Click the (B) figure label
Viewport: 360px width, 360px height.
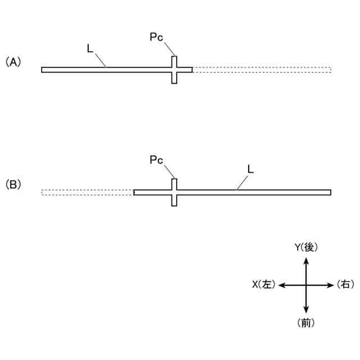[13, 184]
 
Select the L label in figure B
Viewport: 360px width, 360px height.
[250, 168]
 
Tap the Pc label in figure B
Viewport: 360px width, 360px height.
[156, 160]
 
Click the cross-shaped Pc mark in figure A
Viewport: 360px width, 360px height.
[174, 70]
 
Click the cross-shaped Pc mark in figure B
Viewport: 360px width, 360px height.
[174, 192]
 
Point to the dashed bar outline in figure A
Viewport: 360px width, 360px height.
[262, 70]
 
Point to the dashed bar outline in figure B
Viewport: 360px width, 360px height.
[87, 192]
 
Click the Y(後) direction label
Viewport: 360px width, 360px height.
[306, 247]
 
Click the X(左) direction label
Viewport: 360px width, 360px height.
[263, 285]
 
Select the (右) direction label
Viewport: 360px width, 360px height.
[345, 285]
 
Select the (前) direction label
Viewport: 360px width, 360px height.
[305, 322]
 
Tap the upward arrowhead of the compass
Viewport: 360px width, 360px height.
[306, 260]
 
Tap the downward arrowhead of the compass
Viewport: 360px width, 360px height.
[306, 310]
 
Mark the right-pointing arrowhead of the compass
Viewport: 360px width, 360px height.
[330, 285]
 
